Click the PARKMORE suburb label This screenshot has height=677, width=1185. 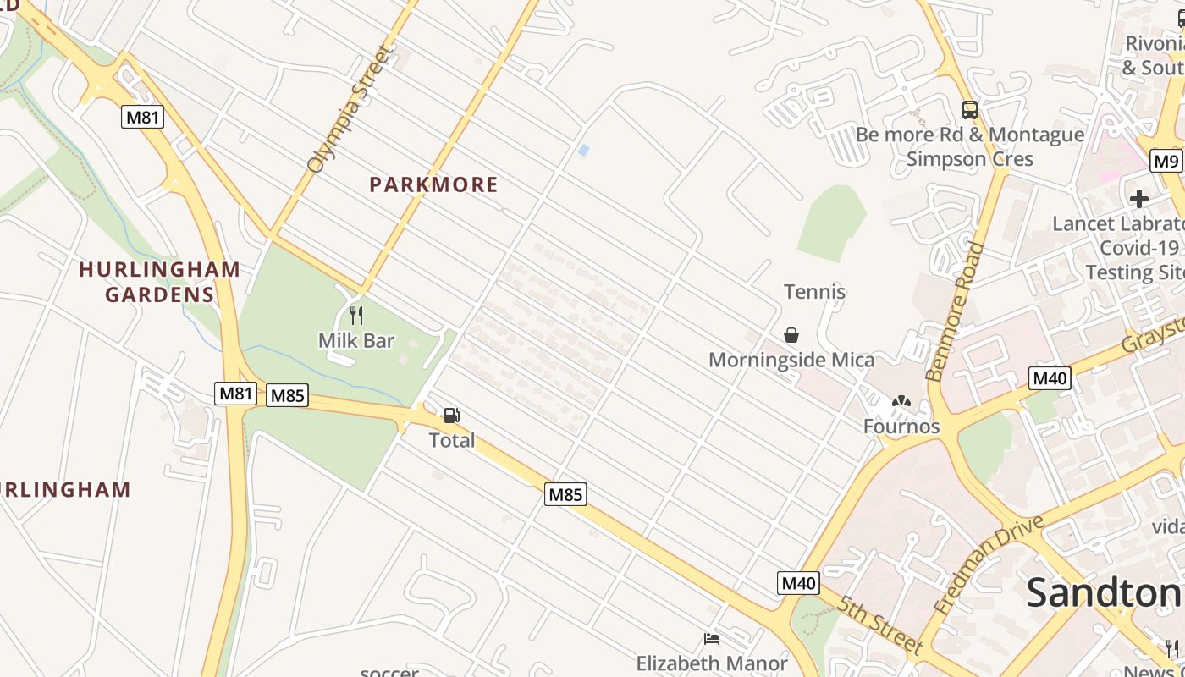pos(433,184)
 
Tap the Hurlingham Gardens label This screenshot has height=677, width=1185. pos(159,282)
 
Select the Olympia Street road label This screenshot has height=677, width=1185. pos(350,110)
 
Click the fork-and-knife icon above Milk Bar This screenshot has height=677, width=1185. pos(356,316)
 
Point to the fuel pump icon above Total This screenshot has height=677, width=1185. pos(451,416)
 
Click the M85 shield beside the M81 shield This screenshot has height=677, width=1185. pos(287,395)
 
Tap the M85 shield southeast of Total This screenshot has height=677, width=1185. pos(565,494)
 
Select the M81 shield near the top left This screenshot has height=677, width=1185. pos(142,117)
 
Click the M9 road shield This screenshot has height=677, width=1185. pos(1166,161)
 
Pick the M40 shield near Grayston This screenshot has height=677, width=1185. pos(1050,377)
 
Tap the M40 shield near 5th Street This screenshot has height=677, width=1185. pos(797,582)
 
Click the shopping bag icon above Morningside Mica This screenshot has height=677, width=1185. pos(791,335)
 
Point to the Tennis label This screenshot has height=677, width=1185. pos(814,292)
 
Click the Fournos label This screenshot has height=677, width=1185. pos(901,427)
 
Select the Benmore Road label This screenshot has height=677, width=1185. pos(956,311)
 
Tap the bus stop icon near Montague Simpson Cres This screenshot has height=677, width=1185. pos(970,110)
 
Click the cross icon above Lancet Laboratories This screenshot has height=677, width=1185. pos(1139,199)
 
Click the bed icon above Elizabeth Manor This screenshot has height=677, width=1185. pos(712,639)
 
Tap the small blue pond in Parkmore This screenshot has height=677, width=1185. pos(583,150)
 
